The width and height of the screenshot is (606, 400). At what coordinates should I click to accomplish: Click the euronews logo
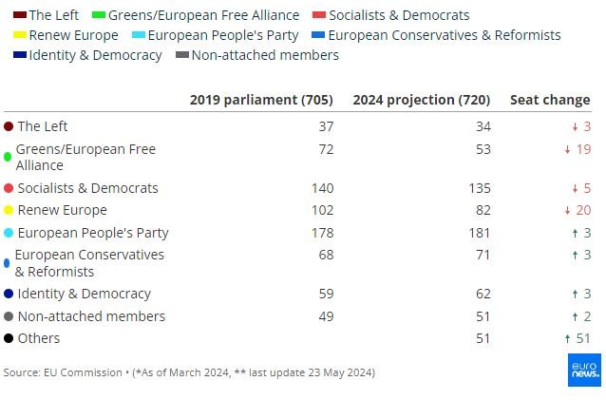(583, 369)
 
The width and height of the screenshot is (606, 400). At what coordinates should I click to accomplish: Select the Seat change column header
(550, 100)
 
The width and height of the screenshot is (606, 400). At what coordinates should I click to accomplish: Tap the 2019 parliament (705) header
(261, 100)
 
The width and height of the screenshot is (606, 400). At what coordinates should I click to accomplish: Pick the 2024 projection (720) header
(421, 100)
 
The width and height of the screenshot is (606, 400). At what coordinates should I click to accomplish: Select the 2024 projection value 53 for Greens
(482, 149)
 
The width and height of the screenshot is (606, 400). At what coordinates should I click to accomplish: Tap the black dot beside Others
(9, 338)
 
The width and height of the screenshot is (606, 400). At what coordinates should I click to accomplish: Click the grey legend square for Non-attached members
(182, 55)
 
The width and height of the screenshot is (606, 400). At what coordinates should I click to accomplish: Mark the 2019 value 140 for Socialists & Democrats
(321, 188)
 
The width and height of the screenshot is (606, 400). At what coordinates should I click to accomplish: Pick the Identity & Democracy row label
(84, 294)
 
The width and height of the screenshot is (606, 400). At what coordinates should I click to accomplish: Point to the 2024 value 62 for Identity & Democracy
(482, 294)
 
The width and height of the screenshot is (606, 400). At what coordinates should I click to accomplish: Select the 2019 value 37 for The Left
(326, 126)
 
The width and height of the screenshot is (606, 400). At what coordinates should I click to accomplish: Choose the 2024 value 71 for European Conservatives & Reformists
(482, 255)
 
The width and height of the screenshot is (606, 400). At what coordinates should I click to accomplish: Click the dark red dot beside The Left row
(9, 126)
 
